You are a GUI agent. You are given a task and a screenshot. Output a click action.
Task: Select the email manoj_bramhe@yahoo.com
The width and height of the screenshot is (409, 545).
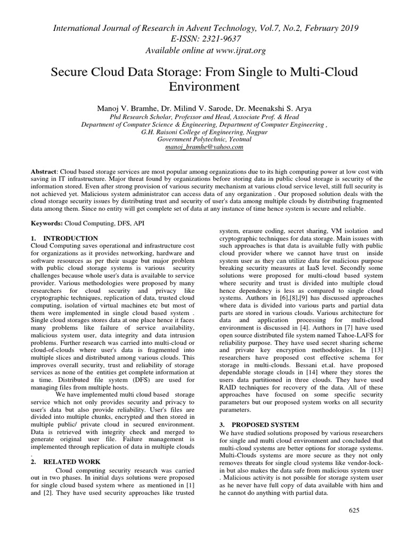204,146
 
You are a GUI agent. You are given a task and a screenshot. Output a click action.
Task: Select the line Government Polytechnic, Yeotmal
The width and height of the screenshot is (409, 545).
204,138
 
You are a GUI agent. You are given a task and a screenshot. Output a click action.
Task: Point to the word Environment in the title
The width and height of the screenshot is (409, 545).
204,86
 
